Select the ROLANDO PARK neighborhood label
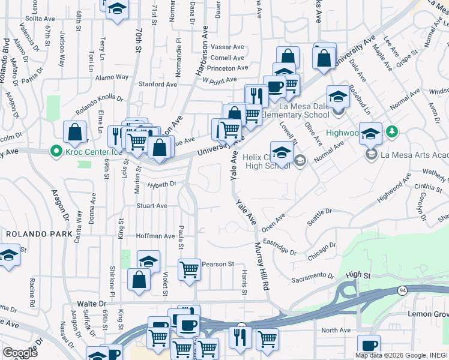39,233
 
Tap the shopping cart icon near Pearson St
190,269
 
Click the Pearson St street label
217,264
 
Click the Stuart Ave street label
151,206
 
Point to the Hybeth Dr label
161,184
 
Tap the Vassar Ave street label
228,47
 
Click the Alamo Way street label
113,77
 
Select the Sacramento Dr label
313,277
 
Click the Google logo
20,352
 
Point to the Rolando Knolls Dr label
99,104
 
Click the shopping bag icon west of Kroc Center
74,133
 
